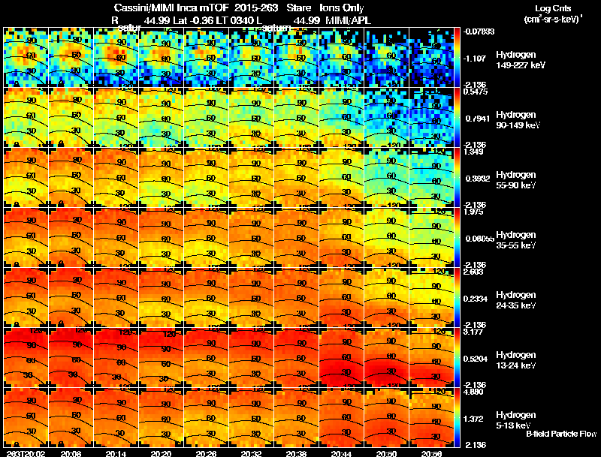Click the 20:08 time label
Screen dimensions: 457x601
coord(71,453)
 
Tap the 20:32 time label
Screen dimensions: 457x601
coord(252,453)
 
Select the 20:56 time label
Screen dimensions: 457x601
coord(433,453)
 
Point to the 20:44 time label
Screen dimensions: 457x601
coord(343,453)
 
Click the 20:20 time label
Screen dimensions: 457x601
coord(162,453)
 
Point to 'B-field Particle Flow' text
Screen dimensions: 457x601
coord(561,434)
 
